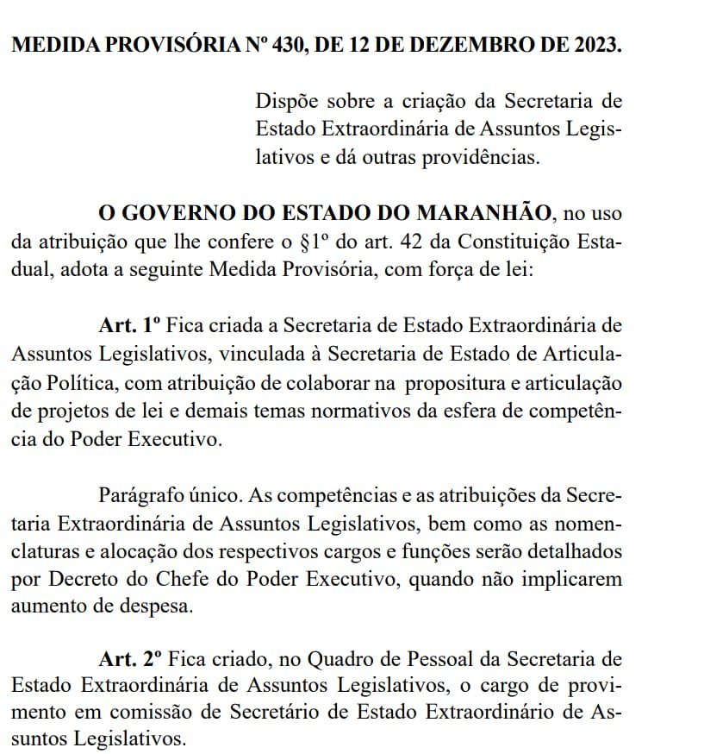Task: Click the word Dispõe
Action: tap(287, 100)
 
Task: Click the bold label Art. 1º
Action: tap(130, 325)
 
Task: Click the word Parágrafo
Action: tap(142, 495)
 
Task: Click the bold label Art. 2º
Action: tap(130, 661)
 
